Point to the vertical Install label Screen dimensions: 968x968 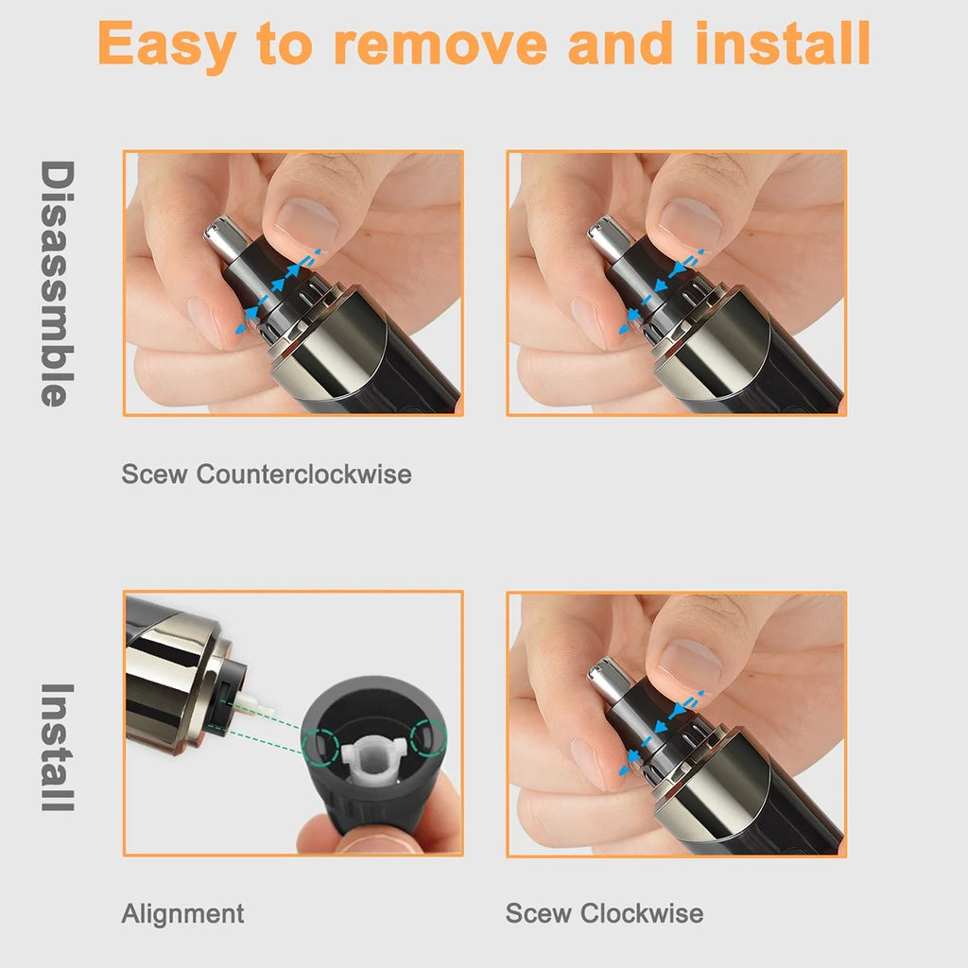tap(57, 747)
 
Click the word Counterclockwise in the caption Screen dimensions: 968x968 tap(303, 474)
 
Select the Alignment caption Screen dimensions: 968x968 tap(182, 914)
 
